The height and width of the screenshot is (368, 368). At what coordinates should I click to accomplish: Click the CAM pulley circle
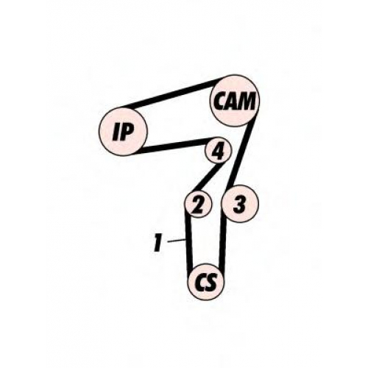pos(235,101)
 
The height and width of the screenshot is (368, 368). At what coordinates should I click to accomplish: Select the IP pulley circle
pos(123,131)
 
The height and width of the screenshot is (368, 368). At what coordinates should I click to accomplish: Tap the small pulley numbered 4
pos(218,149)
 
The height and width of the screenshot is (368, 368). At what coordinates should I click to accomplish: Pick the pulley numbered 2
pos(198,204)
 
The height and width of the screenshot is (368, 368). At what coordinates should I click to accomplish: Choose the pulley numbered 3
pos(240,204)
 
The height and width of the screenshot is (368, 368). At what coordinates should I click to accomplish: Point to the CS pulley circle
pos(206,282)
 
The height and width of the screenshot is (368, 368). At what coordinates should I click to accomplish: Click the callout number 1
pos(158,243)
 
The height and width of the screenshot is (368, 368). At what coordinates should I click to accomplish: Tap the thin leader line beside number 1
pos(176,240)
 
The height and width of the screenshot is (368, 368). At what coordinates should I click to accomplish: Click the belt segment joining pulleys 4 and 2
pos(208,177)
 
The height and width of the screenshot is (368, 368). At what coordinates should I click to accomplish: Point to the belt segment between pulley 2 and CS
pos(188,241)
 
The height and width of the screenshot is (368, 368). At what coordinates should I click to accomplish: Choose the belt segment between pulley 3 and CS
pos(222,244)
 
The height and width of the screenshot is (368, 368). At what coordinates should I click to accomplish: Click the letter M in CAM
pos(246,101)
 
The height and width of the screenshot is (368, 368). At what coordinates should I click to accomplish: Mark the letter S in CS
pos(211,282)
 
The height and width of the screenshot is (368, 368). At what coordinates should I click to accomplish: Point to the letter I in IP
pos(116,132)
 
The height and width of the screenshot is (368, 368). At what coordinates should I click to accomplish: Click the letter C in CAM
pos(219,101)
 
